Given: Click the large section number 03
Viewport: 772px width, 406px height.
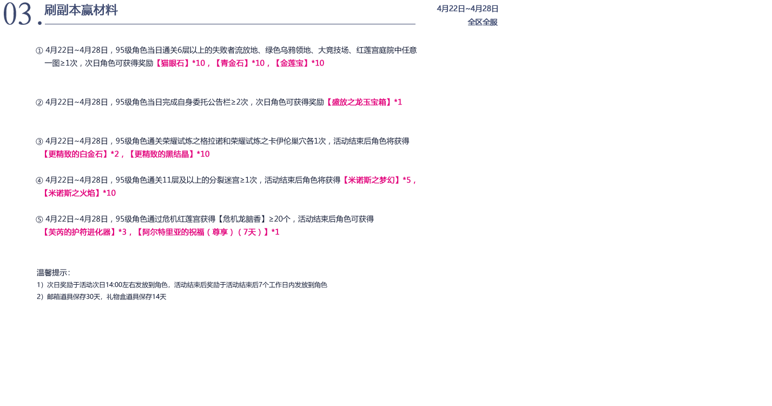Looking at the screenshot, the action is [18, 14].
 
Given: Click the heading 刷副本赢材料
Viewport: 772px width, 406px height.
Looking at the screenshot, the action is [81, 10].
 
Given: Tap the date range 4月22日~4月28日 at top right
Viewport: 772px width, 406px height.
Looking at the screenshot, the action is [467, 9].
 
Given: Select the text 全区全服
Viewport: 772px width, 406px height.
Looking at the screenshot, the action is [483, 22].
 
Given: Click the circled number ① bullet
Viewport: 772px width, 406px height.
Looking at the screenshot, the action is [39, 51].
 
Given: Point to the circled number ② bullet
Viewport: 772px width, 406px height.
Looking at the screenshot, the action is [39, 102].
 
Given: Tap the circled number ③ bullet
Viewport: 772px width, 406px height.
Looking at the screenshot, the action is [39, 141].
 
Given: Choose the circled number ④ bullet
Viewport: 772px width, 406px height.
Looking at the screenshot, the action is [39, 180].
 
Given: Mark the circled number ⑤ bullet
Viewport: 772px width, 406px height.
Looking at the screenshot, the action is [39, 219].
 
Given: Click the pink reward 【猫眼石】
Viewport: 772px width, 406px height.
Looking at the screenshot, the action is [173, 63].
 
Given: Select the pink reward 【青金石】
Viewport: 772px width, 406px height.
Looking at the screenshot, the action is [232, 63].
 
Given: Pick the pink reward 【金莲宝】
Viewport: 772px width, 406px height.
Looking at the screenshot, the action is [292, 63].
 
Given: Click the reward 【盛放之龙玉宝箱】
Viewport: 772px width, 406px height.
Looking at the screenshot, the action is [359, 102].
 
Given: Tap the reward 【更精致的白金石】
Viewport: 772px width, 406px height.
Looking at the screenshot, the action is [75, 154].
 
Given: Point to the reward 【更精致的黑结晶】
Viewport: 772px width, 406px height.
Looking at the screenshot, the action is [161, 154].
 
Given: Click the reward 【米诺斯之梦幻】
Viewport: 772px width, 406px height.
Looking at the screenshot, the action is [371, 180].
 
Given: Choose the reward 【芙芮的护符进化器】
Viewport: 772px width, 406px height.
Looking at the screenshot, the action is [79, 232].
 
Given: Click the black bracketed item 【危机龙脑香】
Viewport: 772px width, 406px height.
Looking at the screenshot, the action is [242, 219].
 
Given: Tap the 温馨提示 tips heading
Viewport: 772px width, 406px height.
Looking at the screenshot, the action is [53, 273].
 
